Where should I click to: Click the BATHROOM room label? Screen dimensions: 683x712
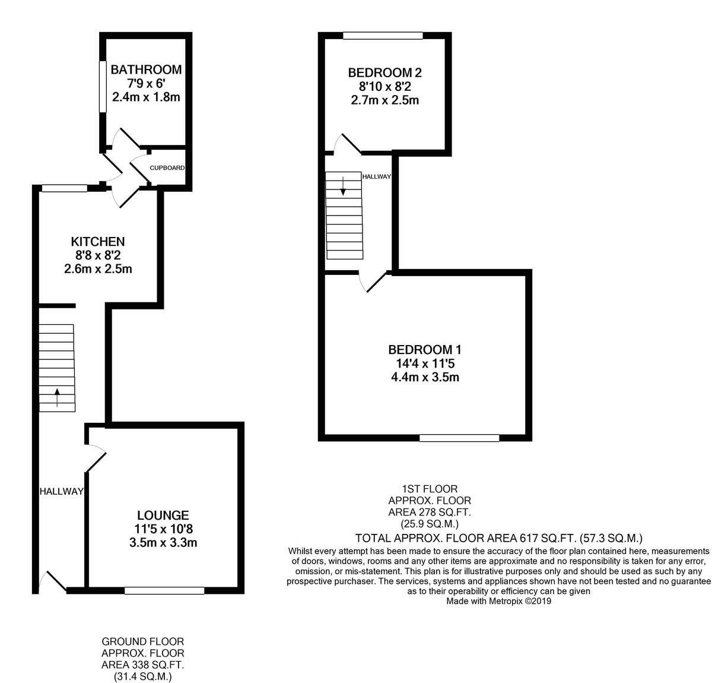[x=146, y=69]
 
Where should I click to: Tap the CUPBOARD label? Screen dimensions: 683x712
[x=167, y=168]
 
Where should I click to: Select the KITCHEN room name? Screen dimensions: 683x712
[x=98, y=242]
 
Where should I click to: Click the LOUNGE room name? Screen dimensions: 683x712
[x=163, y=516]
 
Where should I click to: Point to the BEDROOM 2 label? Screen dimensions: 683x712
[x=384, y=73]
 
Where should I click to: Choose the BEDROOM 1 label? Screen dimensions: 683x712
[x=424, y=350]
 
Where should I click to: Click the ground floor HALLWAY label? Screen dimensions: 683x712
[x=61, y=491]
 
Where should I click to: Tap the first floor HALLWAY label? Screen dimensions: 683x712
[x=376, y=176]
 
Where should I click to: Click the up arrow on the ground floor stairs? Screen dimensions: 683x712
[x=57, y=397]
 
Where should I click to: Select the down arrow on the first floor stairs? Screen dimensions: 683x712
[x=343, y=185]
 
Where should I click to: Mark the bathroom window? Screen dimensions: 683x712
[x=101, y=86]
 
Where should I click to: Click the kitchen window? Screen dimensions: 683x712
[x=64, y=188]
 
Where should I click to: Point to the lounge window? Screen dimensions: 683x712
[x=164, y=590]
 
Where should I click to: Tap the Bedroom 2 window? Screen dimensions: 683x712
[x=383, y=36]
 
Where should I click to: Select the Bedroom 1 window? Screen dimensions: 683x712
[x=459, y=438]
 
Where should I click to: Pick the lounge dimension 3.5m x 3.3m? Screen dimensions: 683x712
[x=163, y=542]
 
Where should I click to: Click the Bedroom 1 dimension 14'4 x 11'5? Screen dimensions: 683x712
[x=424, y=363]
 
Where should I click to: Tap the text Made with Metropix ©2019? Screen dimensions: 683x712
[x=498, y=601]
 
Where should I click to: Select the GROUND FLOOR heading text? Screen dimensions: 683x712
[x=142, y=641]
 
